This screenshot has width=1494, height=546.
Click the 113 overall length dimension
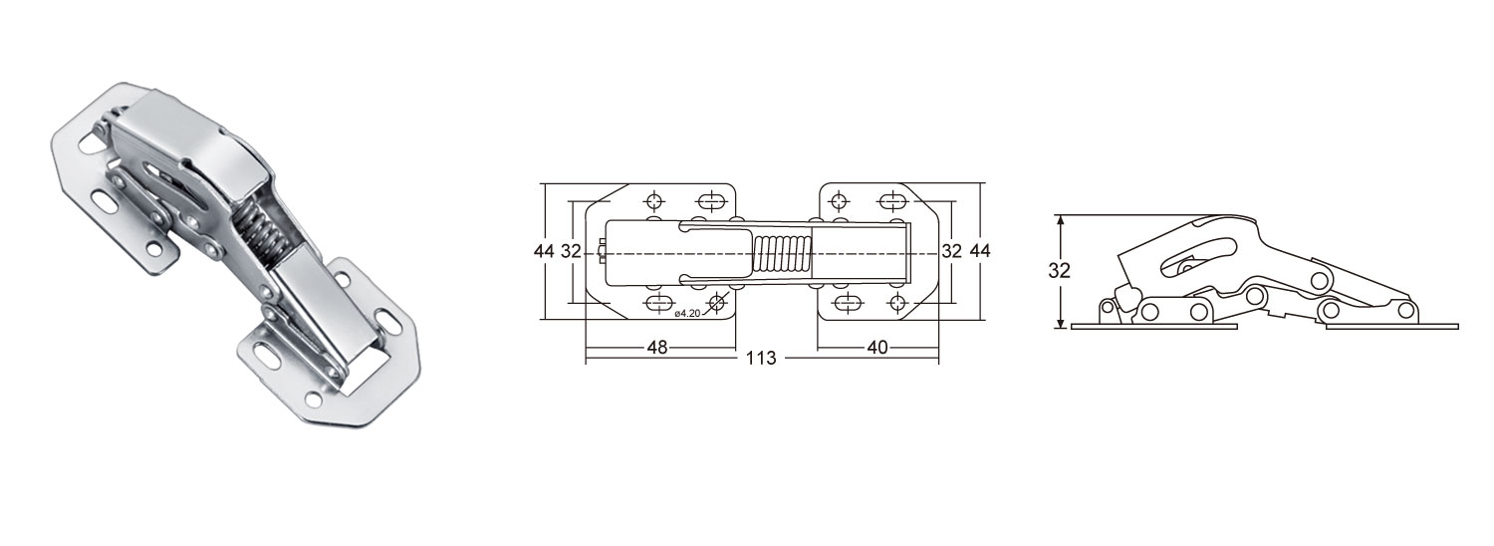[763, 358]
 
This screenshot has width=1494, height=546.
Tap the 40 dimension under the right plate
[875, 347]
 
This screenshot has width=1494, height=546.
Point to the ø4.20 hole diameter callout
[689, 314]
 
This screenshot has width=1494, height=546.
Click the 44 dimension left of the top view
[543, 251]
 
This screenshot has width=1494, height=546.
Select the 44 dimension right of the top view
[980, 251]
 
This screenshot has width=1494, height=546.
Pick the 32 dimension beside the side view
[1060, 271]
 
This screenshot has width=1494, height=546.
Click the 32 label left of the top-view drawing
[570, 251]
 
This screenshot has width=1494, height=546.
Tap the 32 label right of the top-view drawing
[951, 251]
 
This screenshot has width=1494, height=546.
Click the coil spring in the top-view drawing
[782, 254]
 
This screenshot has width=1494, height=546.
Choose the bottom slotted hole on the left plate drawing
[659, 303]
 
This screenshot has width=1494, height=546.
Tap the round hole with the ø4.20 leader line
[716, 302]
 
